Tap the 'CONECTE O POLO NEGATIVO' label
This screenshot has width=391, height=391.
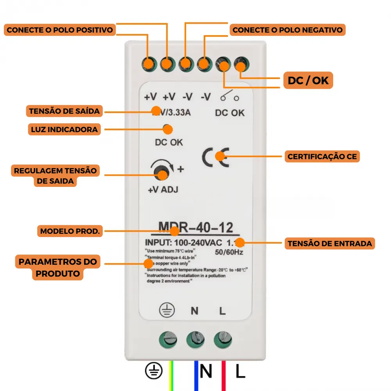coord(287,30)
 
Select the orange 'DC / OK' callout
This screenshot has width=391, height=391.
coord(308,81)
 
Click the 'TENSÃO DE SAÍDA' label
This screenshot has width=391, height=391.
coord(64,111)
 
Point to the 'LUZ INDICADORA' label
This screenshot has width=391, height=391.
coord(64,129)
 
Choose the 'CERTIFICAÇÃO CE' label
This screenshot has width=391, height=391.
coord(322,157)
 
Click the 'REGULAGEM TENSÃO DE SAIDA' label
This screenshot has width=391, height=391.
coord(55,176)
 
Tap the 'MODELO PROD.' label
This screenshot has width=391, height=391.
coord(70,231)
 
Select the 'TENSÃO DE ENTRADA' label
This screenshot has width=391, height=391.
coord(330,244)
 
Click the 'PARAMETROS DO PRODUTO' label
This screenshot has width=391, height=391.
coord(58,267)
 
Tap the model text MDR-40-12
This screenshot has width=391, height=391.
coord(196,227)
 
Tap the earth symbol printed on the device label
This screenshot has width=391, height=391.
coord(166,311)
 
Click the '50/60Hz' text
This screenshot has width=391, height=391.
coord(229,252)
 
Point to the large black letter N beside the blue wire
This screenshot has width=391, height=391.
coord(206,371)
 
